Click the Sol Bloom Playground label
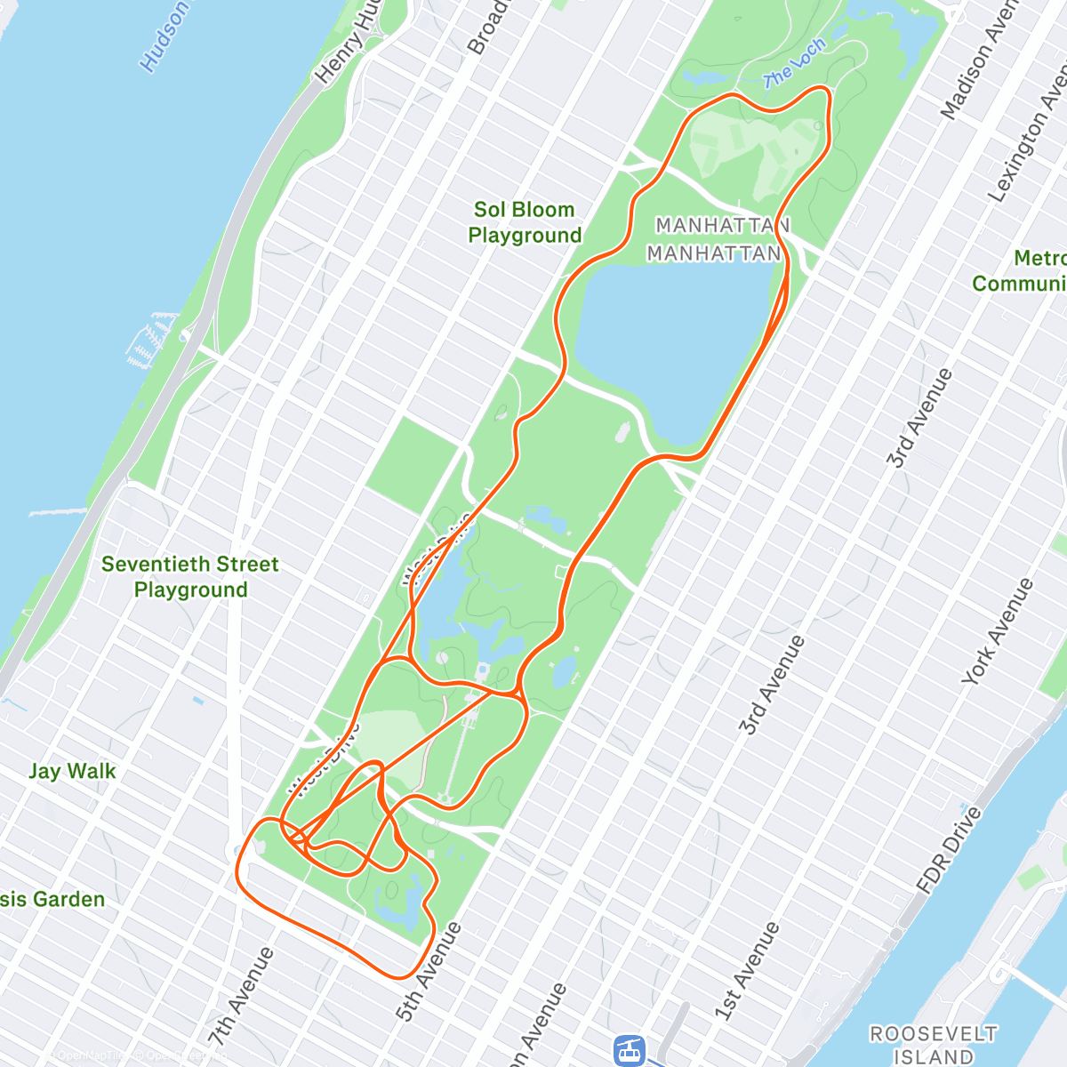525,222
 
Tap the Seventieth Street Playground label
190,576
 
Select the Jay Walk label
72,771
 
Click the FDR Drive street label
950,849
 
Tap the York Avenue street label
998,631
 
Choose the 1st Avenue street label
747,971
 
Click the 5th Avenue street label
429,971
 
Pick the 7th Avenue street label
241,996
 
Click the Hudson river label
164,36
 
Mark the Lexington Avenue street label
1028,133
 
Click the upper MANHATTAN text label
722,226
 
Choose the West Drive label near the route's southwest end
325,758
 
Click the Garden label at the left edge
53,899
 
